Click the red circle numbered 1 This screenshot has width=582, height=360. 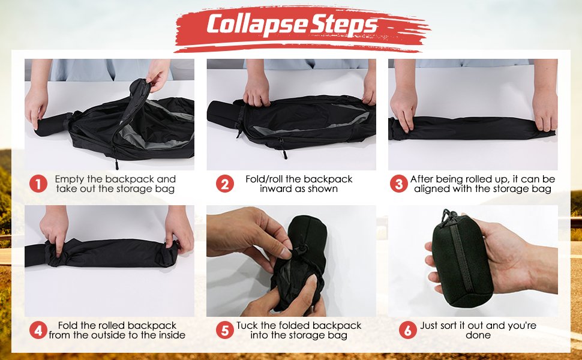(38, 184)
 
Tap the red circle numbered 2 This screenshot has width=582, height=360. (225, 184)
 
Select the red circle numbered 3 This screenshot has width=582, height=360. (399, 184)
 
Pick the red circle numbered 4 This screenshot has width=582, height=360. (38, 330)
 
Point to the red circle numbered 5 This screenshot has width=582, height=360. (225, 330)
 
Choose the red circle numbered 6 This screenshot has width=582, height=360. (408, 330)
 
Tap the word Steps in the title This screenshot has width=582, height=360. (344, 25)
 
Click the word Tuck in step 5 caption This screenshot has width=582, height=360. (247, 325)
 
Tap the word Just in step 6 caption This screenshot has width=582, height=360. (430, 325)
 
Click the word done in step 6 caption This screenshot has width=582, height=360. (478, 335)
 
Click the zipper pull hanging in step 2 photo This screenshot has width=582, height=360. (284, 151)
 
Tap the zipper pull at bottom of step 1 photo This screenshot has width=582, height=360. (116, 164)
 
